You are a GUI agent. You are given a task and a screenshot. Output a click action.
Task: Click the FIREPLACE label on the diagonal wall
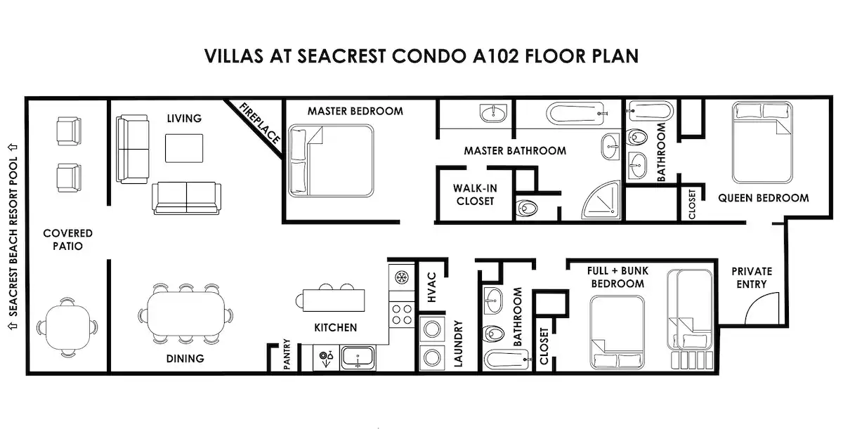pyautogui.click(x=260, y=123)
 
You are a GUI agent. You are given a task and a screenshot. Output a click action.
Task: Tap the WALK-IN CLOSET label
pyautogui.click(x=475, y=194)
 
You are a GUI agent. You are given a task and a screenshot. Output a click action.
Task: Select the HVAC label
pyautogui.click(x=431, y=287)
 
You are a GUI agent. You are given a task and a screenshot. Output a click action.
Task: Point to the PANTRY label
pyautogui.click(x=287, y=354)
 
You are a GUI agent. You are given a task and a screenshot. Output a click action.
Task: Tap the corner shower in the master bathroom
pyautogui.click(x=601, y=200)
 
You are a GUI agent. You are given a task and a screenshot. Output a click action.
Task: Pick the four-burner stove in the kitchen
pyautogui.click(x=402, y=315)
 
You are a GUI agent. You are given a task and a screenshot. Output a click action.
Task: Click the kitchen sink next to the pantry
pyautogui.click(x=358, y=357)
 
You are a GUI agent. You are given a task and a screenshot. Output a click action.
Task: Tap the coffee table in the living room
pyautogui.click(x=184, y=148)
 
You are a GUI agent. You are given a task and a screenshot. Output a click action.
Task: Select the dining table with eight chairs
pyautogui.click(x=185, y=314)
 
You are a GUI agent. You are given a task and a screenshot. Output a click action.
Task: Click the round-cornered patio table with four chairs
pyautogui.click(x=67, y=327)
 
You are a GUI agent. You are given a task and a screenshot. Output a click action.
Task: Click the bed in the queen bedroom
pyautogui.click(x=762, y=142)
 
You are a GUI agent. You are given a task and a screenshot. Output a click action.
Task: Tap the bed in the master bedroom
pyautogui.click(x=331, y=161)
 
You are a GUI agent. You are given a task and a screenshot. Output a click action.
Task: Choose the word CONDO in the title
pyautogui.click(x=428, y=56)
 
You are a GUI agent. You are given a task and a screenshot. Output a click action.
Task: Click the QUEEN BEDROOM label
pyautogui.click(x=763, y=198)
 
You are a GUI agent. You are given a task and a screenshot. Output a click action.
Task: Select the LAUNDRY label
pyautogui.click(x=458, y=343)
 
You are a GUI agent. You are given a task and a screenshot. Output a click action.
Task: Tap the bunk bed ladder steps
pyautogui.click(x=692, y=359)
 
